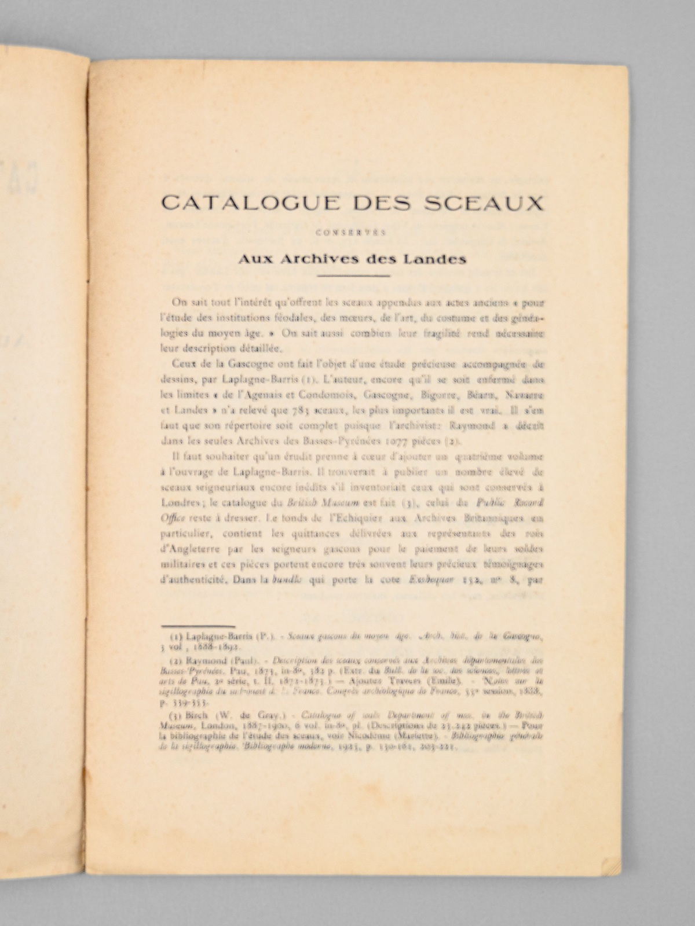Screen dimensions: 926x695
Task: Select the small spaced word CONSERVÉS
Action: [x=353, y=234]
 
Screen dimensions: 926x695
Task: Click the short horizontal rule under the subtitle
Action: [x=354, y=275]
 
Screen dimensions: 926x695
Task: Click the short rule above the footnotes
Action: [x=198, y=626]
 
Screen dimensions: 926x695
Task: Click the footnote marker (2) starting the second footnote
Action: [x=175, y=660]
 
